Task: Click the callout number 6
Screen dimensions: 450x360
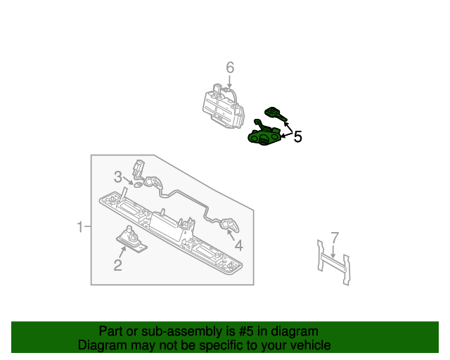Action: (x=230, y=67)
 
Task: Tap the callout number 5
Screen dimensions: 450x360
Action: (x=298, y=136)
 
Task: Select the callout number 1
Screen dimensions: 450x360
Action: (x=80, y=227)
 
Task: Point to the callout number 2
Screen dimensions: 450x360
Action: (x=118, y=265)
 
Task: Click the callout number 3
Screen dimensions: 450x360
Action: (x=118, y=177)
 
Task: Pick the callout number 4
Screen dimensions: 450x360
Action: (x=239, y=245)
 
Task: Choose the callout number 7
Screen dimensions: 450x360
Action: (x=335, y=238)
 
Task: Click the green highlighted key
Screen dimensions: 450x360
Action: (x=275, y=114)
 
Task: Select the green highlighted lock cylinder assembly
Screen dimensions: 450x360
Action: (x=263, y=134)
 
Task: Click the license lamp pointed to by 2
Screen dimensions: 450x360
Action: (x=131, y=240)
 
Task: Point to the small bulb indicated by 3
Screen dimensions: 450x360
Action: (x=139, y=185)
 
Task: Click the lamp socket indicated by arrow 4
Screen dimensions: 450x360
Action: (x=230, y=225)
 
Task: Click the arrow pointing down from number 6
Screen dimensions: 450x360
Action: (x=229, y=82)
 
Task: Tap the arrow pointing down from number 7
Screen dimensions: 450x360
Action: (x=333, y=251)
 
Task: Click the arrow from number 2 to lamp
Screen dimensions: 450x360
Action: (x=122, y=252)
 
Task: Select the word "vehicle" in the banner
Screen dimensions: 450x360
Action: (x=314, y=345)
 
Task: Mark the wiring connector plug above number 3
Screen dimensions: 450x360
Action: (x=138, y=167)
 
